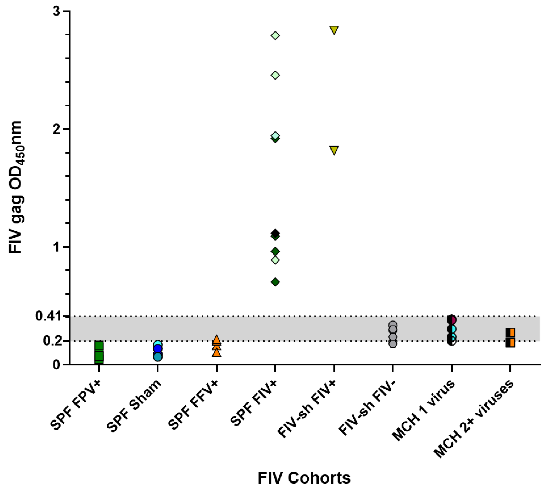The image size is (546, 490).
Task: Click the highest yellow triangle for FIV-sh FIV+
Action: point(334,30)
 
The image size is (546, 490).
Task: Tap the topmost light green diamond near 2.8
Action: point(275,35)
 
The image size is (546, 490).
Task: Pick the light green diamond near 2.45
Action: point(275,75)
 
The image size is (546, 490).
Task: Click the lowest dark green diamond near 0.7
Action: point(275,282)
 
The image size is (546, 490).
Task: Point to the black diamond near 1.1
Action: point(275,233)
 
